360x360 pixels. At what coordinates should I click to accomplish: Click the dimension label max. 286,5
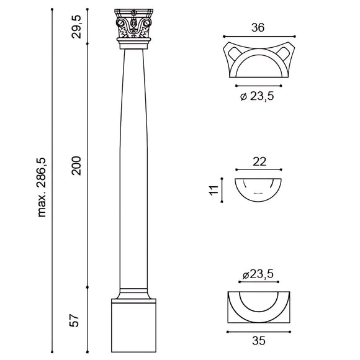(x=43, y=187)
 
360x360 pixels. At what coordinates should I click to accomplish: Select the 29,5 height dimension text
(x=76, y=26)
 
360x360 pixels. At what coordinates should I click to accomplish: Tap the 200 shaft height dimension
(x=76, y=165)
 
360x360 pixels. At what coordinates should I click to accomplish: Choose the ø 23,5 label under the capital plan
(x=257, y=96)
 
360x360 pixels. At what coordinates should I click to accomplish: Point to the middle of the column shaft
(x=134, y=168)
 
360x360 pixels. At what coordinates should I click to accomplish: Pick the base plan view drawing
(x=258, y=307)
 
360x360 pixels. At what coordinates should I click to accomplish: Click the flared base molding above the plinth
(x=134, y=295)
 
